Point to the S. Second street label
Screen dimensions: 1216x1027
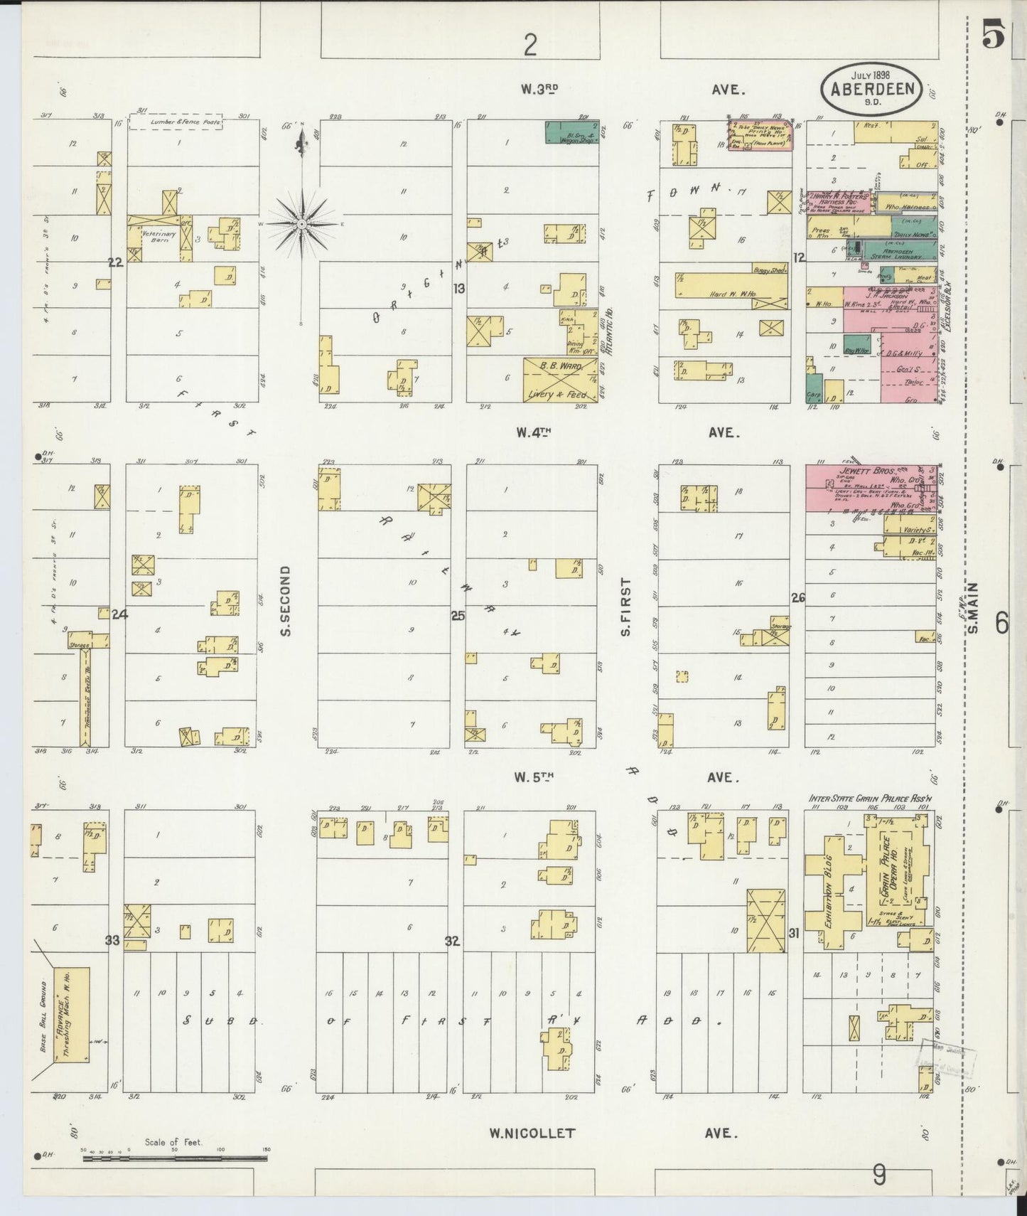tap(286, 601)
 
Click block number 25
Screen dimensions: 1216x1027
tap(457, 616)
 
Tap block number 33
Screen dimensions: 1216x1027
tap(112, 940)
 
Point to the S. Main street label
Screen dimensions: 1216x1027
tap(974, 608)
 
